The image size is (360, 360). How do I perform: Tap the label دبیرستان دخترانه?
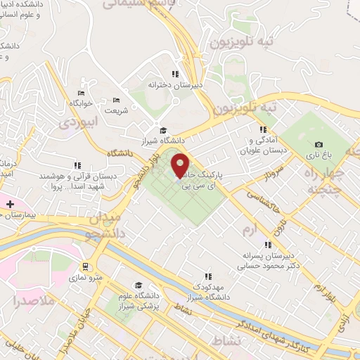(x=175, y=84)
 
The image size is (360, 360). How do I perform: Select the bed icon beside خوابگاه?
(x=81, y=93)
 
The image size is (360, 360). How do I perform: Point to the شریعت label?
(x=117, y=110)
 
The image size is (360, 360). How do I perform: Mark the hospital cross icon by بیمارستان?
(x=10, y=204)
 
